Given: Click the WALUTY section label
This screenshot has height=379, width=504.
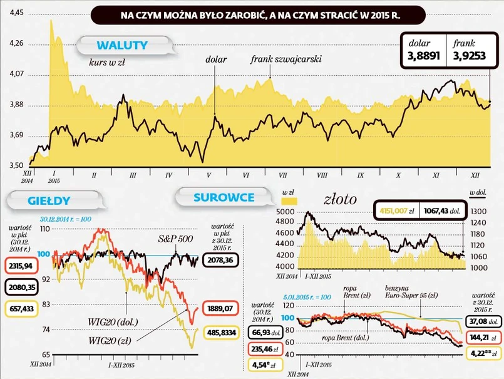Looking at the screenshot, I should click(x=121, y=45).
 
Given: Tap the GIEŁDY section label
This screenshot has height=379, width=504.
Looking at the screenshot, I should click(x=48, y=201).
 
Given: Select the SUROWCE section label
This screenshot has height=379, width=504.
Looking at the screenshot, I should click(x=224, y=197).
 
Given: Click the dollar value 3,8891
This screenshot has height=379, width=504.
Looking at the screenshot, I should click(x=424, y=56).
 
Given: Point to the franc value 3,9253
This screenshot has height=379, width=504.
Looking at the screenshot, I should click(x=468, y=56).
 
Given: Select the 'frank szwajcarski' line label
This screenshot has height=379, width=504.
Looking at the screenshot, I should click(x=285, y=60).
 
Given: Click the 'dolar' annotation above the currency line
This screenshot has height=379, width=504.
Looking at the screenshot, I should click(x=215, y=60).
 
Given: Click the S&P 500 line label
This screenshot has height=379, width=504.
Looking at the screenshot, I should click(x=175, y=239).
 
